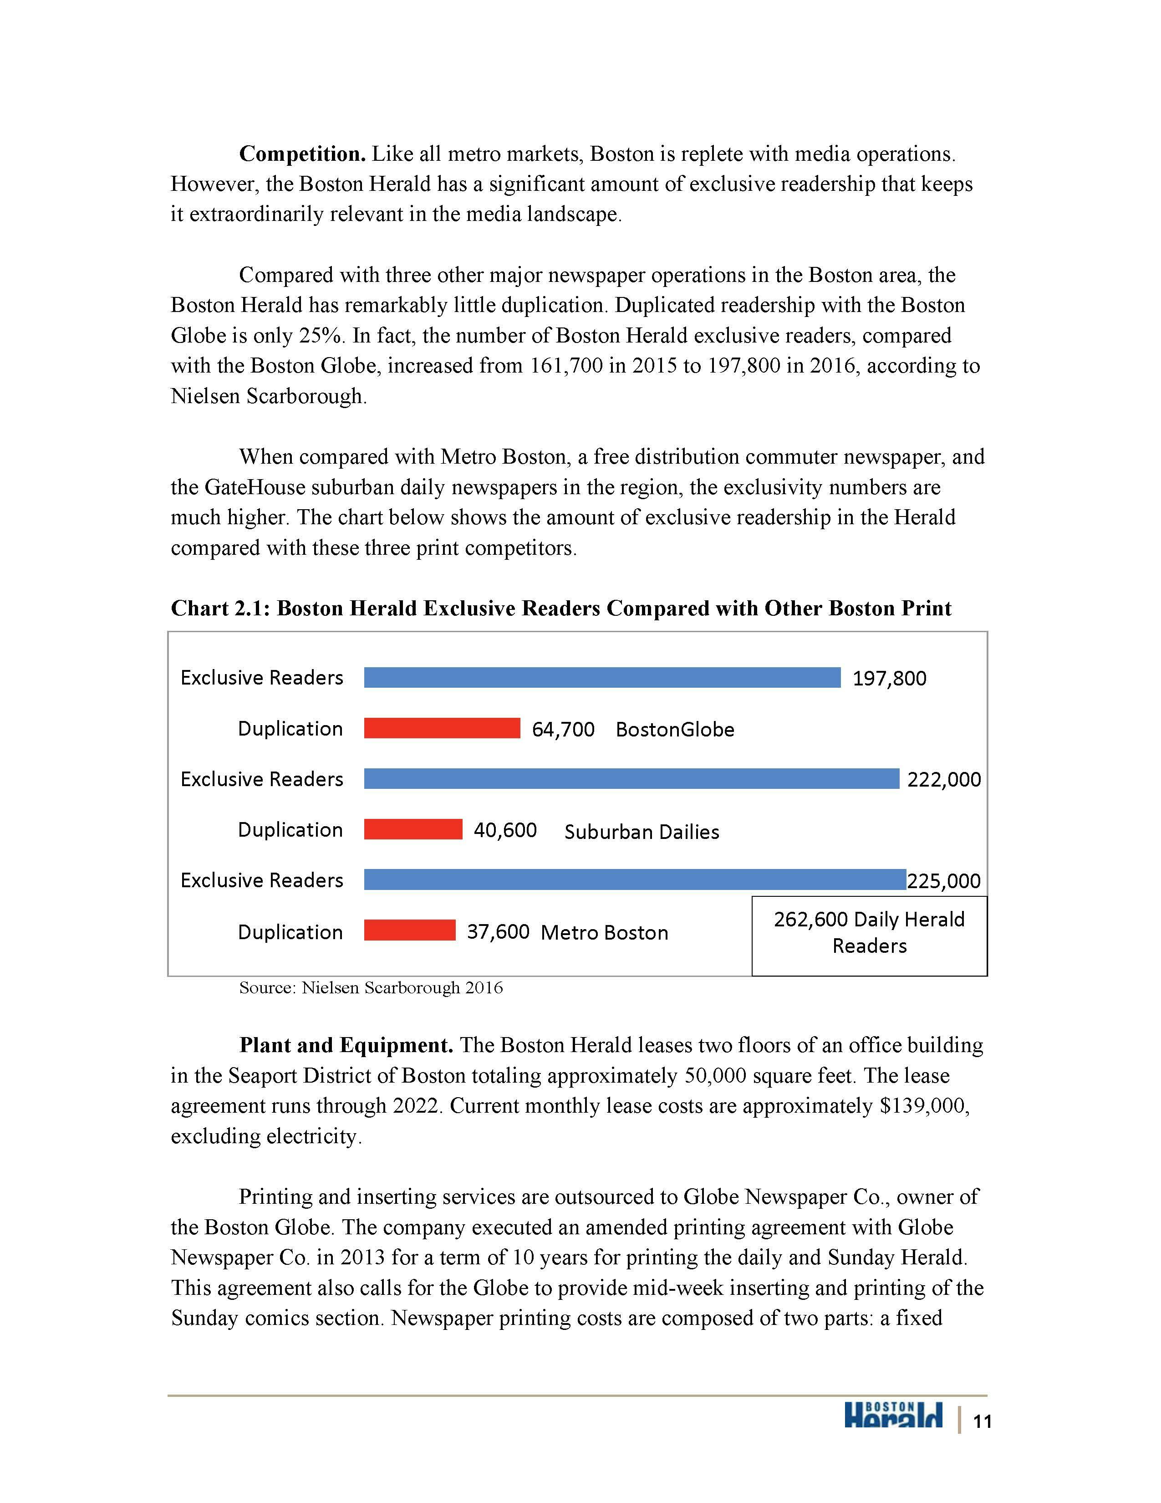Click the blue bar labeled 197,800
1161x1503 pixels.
tap(602, 678)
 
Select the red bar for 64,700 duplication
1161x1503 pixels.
tap(442, 728)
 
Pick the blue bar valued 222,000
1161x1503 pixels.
tap(631, 779)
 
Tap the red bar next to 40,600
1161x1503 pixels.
tap(412, 829)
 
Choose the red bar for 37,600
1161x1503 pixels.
tap(409, 930)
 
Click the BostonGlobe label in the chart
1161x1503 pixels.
tap(675, 730)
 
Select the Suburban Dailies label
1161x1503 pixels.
tap(641, 832)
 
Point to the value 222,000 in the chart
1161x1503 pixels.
tap(944, 780)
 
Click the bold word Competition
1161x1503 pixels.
tap(302, 154)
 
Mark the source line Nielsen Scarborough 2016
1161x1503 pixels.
tap(371, 988)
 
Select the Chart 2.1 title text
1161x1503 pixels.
tap(560, 608)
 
